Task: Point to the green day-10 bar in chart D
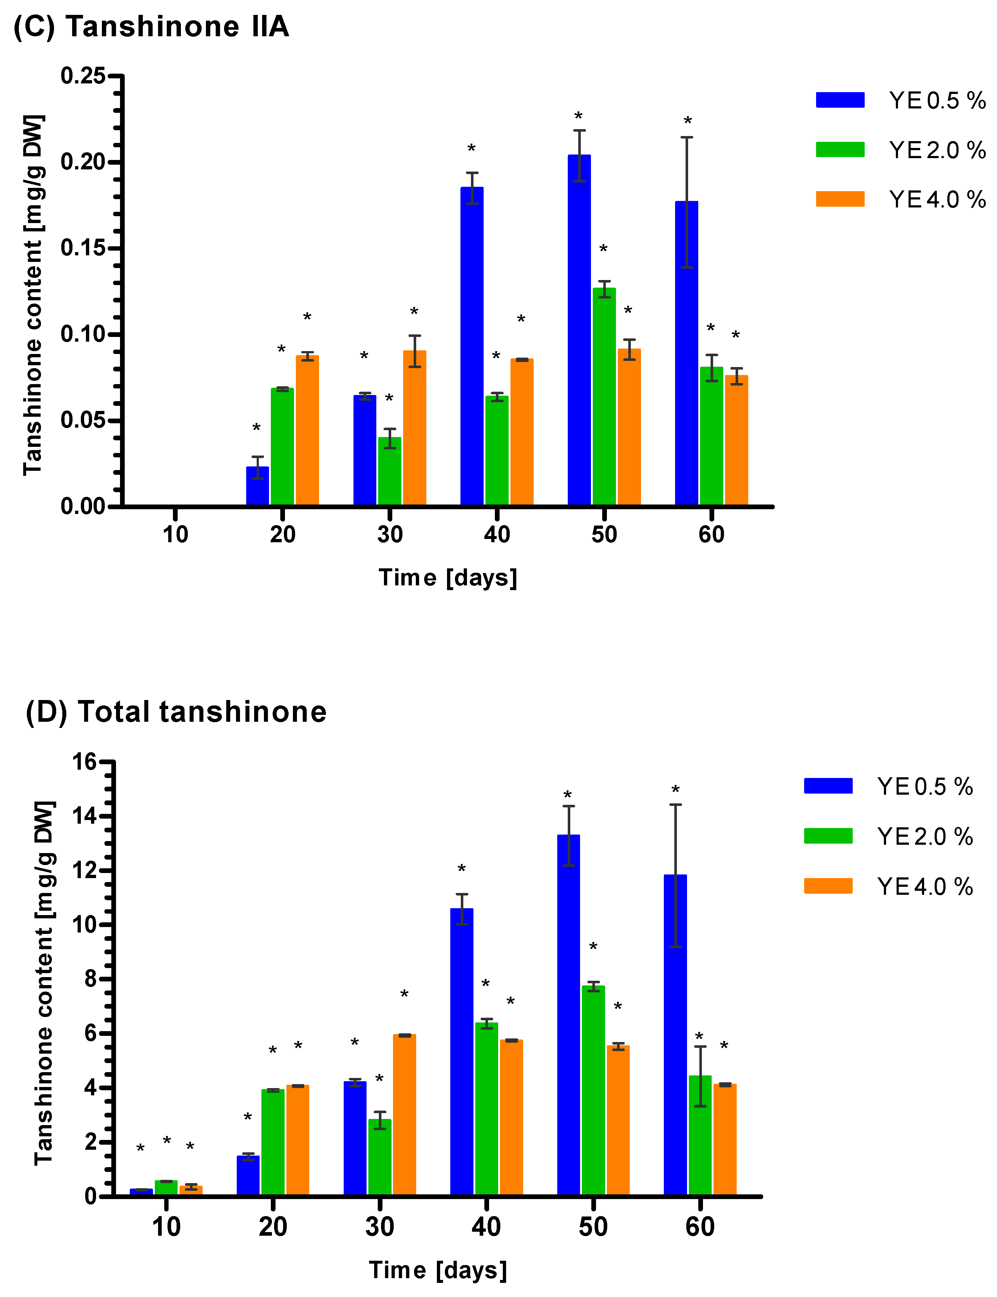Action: click(x=166, y=1187)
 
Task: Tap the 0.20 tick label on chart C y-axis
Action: click(x=83, y=162)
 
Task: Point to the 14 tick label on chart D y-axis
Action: click(x=84, y=816)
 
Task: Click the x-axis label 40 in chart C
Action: click(x=497, y=535)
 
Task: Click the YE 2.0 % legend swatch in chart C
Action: click(x=840, y=149)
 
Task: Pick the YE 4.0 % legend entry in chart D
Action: click(x=888, y=886)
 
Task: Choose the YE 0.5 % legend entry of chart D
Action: click(x=888, y=787)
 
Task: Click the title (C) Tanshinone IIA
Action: click(x=151, y=27)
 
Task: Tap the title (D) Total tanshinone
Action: click(x=176, y=712)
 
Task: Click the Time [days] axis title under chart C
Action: click(x=448, y=577)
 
